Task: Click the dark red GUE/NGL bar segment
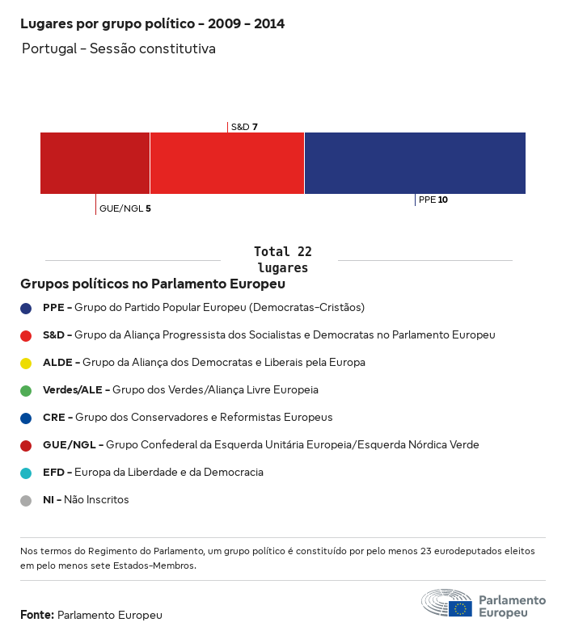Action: tap(95, 163)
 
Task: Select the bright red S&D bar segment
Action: tap(226, 163)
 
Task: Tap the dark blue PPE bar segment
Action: tap(415, 163)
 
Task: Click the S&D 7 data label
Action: tap(244, 127)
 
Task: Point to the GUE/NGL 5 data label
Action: tap(125, 208)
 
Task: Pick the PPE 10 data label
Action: tap(433, 200)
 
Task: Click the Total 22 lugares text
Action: tap(282, 259)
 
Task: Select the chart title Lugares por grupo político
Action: tap(152, 23)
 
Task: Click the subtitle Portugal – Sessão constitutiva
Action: tap(118, 48)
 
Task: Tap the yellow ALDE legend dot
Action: tap(26, 363)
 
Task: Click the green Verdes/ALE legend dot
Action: tap(26, 390)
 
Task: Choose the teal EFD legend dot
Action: tap(26, 473)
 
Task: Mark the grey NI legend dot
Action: tap(26, 500)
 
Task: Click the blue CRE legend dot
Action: tap(26, 418)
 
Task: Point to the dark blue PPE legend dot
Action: tap(26, 308)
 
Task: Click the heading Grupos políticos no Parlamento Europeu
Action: tap(153, 284)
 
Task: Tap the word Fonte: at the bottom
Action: tap(37, 615)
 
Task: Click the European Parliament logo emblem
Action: tap(446, 603)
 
